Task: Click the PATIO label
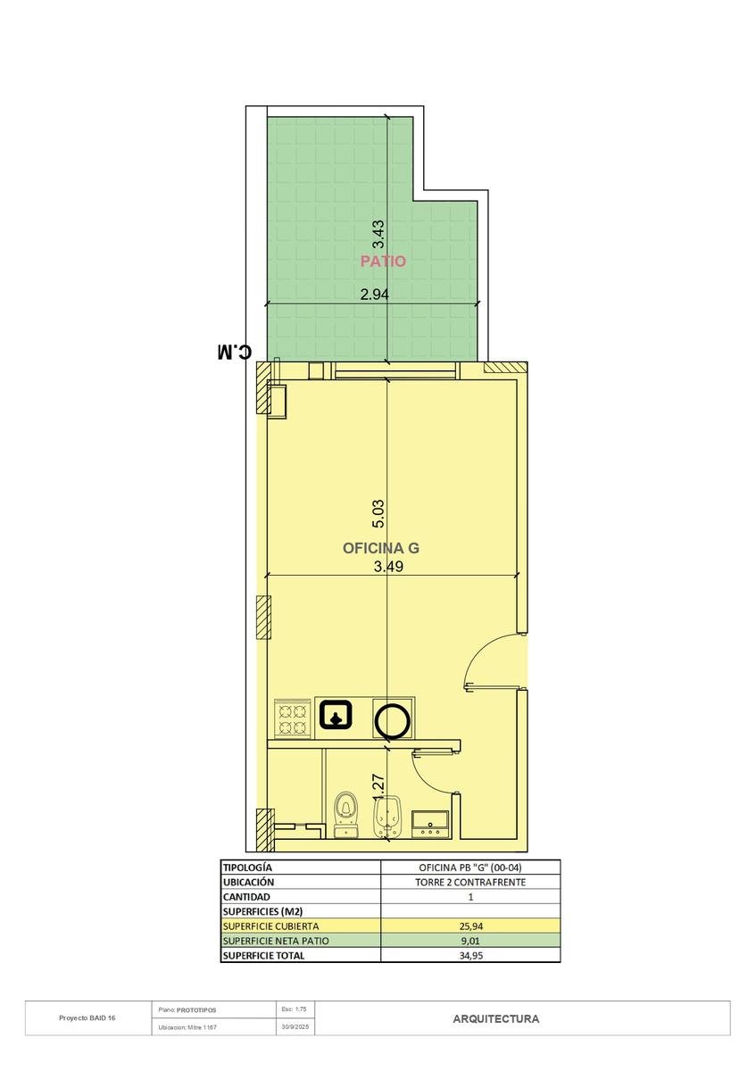pyautogui.click(x=383, y=261)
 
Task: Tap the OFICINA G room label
pyautogui.click(x=380, y=548)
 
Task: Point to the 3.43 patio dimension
pyautogui.click(x=378, y=234)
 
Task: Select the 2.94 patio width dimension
pyautogui.click(x=374, y=295)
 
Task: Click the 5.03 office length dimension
pyautogui.click(x=378, y=513)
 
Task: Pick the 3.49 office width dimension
pyautogui.click(x=388, y=567)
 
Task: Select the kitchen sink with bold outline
pyautogui.click(x=336, y=714)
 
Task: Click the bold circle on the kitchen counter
pyautogui.click(x=393, y=720)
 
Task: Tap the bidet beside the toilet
pyautogui.click(x=386, y=815)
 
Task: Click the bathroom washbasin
pyautogui.click(x=430, y=823)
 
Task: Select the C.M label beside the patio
pyautogui.click(x=234, y=352)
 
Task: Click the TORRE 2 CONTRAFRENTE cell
pyautogui.click(x=470, y=882)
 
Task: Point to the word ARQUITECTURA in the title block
pyautogui.click(x=496, y=1019)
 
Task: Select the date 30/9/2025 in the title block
pyautogui.click(x=295, y=1026)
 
